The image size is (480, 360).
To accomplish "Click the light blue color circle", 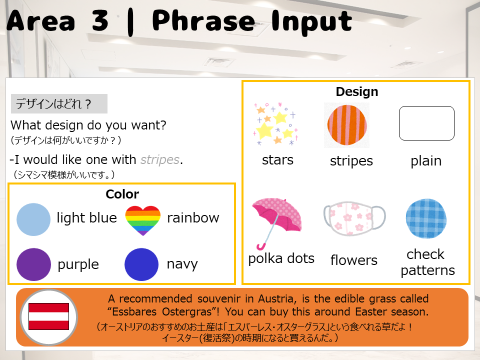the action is (x=33, y=219).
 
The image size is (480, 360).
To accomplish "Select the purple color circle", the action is (x=33, y=264).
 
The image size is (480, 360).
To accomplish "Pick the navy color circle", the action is (x=141, y=264).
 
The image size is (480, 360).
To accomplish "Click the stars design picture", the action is (x=275, y=123).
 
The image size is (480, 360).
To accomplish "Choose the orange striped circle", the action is (x=347, y=125).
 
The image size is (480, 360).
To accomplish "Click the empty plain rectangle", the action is (x=426, y=123).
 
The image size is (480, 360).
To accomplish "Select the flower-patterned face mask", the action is (x=354, y=218).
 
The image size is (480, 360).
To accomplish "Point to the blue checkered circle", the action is (x=426, y=218).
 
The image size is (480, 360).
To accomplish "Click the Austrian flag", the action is (x=48, y=316).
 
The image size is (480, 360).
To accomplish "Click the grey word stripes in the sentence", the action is (x=160, y=160).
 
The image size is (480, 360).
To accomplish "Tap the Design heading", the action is (x=357, y=91).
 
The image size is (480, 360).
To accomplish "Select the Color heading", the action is (x=122, y=194).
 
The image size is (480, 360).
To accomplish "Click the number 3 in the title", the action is (x=100, y=20).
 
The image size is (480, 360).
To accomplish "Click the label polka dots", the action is (x=281, y=258).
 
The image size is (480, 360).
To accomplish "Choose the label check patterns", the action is (x=427, y=262).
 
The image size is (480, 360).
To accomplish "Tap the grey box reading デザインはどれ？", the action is (x=59, y=104).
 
